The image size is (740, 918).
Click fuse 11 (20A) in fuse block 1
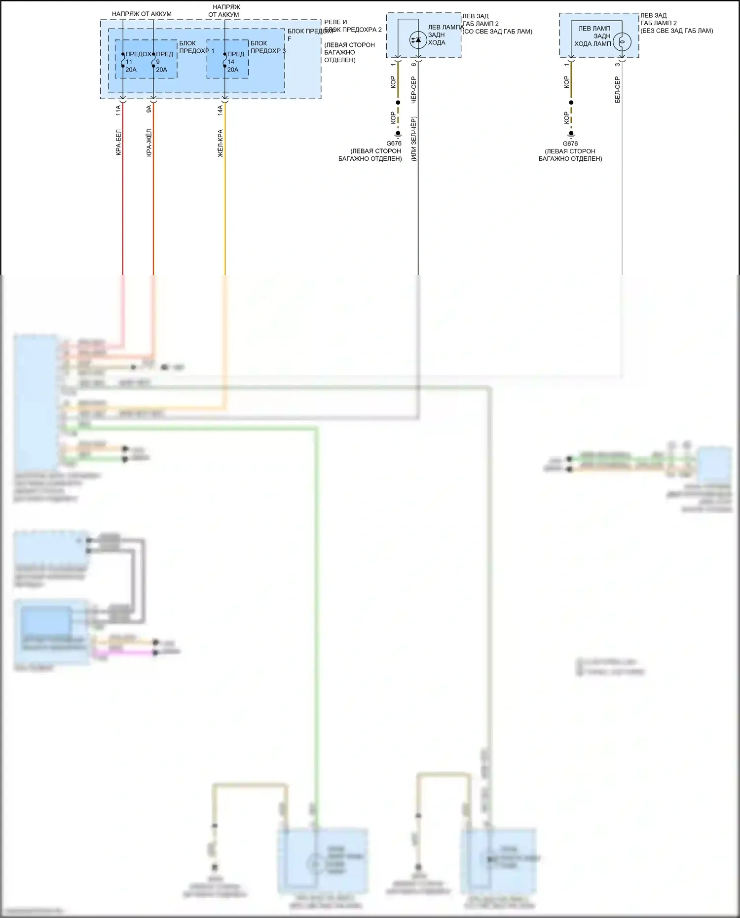(x=123, y=60)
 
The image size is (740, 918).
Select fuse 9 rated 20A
(x=153, y=60)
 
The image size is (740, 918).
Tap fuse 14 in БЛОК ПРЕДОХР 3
(x=225, y=60)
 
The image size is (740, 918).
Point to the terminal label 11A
(x=118, y=110)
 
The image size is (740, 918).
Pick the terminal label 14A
(x=221, y=110)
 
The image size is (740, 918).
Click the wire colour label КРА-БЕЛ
(x=118, y=143)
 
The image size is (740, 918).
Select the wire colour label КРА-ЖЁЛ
(x=149, y=143)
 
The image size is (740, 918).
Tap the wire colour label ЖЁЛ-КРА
(x=221, y=144)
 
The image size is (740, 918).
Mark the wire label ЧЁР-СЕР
(x=413, y=89)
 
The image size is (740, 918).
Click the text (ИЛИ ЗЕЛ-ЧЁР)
(x=413, y=139)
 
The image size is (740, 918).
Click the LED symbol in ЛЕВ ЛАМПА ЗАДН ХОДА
(x=418, y=39)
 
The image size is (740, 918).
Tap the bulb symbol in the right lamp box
(x=622, y=41)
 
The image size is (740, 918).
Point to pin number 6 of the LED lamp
(x=413, y=65)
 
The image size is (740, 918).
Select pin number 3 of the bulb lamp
(x=617, y=65)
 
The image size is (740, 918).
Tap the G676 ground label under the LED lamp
(x=394, y=144)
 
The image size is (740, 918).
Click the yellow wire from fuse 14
(x=225, y=197)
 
